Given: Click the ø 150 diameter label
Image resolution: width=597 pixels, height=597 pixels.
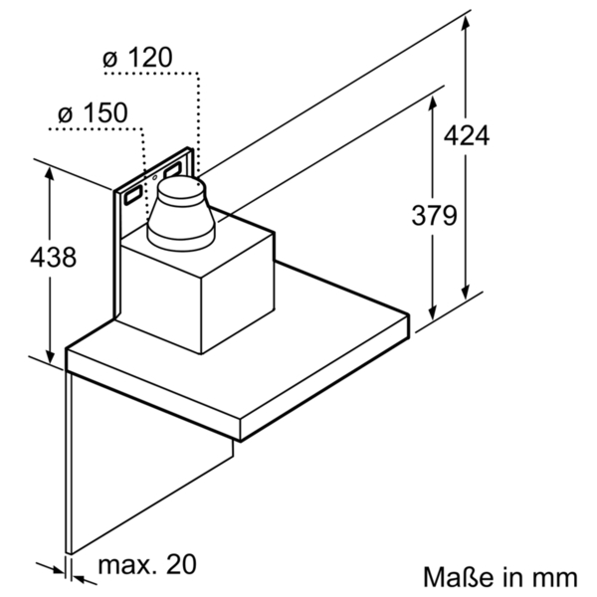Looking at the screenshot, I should pos(93,113).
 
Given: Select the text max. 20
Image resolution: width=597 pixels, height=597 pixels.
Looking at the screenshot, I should pos(147,565).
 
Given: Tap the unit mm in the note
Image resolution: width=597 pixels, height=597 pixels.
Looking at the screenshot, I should pos(555,576).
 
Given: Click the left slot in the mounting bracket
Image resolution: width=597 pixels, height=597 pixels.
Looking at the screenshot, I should pos(131,196).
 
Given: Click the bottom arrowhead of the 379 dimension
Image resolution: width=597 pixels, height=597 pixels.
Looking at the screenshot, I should pos(431,310).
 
